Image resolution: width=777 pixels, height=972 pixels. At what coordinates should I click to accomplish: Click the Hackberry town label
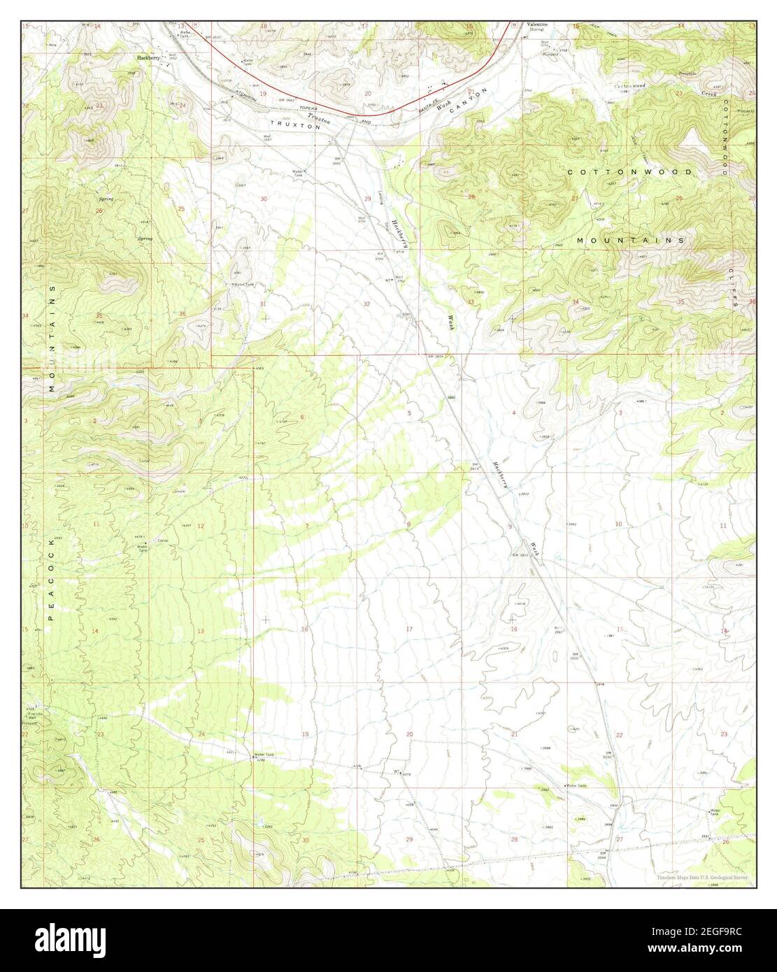tap(148, 57)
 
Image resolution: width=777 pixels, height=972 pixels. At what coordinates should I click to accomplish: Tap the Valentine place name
tap(536, 24)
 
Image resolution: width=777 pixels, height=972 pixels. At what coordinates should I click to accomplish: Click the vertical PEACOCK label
tap(50, 566)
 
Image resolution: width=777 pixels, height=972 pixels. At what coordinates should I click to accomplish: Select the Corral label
tap(163, 540)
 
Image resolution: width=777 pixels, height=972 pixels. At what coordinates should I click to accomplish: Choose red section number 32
tap(367, 304)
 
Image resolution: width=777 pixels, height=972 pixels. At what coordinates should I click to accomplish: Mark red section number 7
tap(306, 525)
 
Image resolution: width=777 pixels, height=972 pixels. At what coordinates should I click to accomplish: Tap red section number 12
tap(201, 526)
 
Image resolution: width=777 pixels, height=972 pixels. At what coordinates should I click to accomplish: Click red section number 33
tap(471, 302)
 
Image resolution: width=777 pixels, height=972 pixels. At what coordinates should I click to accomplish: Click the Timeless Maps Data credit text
tap(704, 879)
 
